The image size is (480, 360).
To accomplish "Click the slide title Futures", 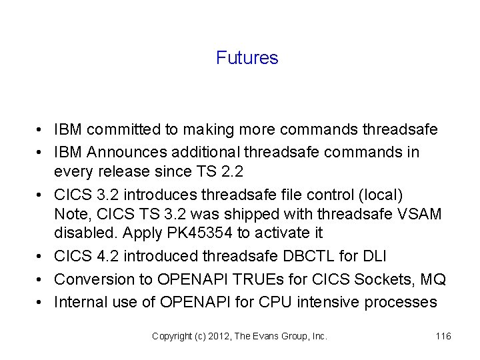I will tap(247, 58).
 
